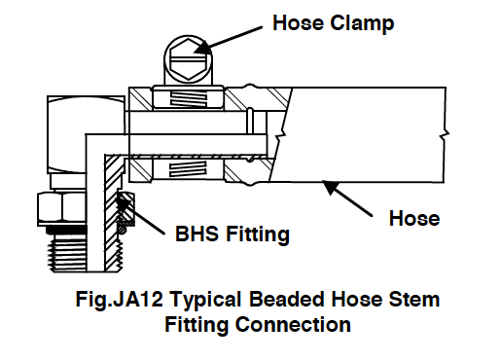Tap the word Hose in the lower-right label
click(414, 219)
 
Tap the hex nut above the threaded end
click(58, 205)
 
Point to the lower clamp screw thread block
click(189, 170)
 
